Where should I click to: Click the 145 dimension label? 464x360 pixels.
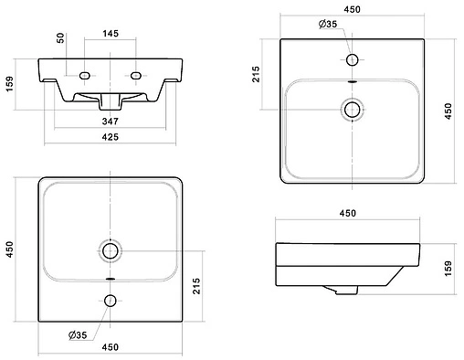click(111, 33)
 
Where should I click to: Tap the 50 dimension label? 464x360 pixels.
click(61, 37)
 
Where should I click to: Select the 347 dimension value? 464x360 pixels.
click(110, 122)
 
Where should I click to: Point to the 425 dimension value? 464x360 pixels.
click(110, 137)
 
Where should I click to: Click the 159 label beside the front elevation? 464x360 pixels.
click(9, 84)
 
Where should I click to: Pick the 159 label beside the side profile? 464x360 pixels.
click(448, 269)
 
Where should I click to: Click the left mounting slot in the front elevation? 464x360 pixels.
click(84, 75)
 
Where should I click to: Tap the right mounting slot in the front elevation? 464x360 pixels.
click(135, 75)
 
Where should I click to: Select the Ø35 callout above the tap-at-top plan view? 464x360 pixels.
click(328, 24)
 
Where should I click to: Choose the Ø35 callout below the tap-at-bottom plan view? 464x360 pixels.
click(78, 335)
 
